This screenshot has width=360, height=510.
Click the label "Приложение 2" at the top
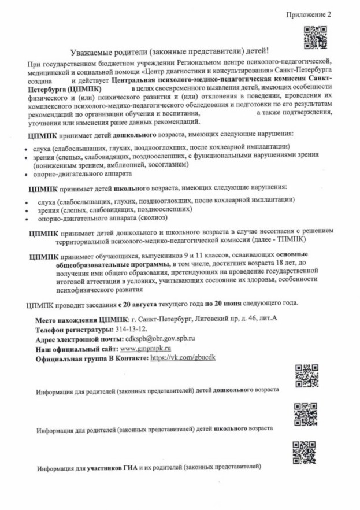pos(309,14)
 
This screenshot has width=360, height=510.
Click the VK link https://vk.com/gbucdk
pos(183,358)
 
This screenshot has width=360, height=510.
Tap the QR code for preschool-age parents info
pos(306,376)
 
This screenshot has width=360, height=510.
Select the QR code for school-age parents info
pos(305,414)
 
